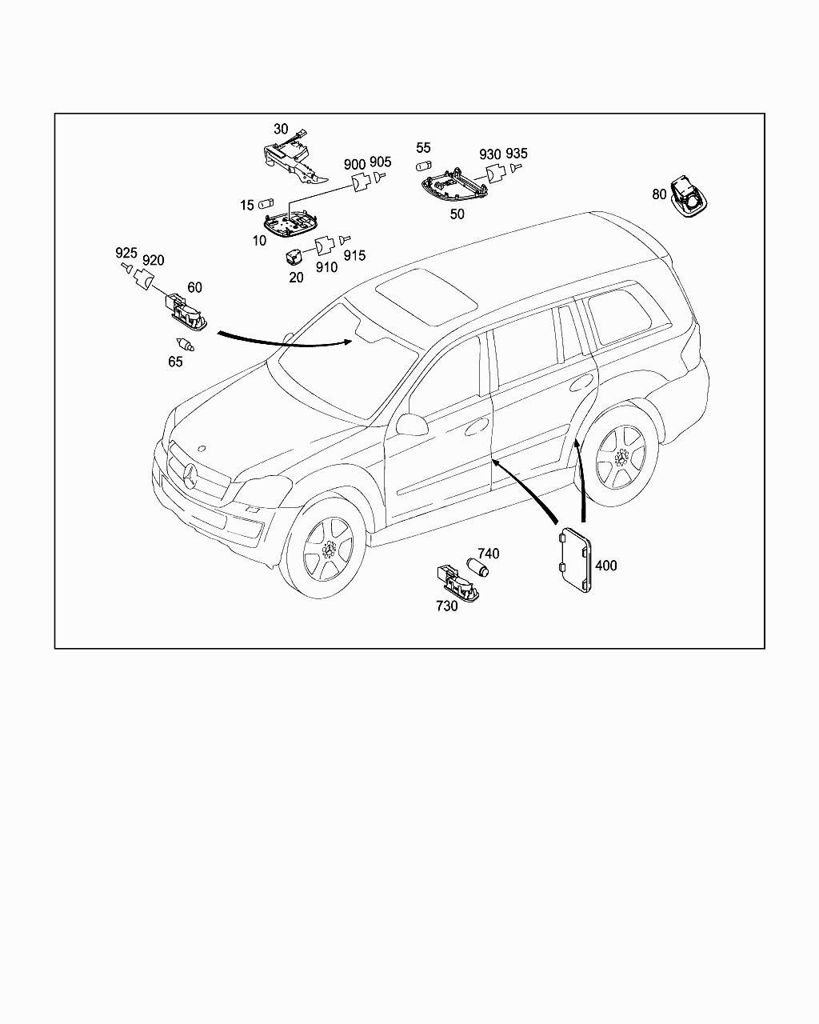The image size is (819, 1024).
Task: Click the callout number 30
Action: click(x=281, y=129)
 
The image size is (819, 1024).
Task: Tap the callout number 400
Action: click(x=605, y=566)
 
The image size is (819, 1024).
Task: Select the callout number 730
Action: click(x=447, y=606)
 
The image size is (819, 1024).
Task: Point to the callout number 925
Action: click(x=126, y=253)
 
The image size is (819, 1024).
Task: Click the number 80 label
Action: click(x=659, y=194)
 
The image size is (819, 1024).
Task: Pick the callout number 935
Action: click(x=517, y=154)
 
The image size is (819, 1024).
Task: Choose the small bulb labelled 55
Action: click(x=423, y=166)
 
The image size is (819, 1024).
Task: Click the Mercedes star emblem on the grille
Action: click(x=190, y=475)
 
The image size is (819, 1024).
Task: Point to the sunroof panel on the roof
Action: click(x=427, y=297)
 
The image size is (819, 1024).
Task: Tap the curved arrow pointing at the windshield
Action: click(x=285, y=343)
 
